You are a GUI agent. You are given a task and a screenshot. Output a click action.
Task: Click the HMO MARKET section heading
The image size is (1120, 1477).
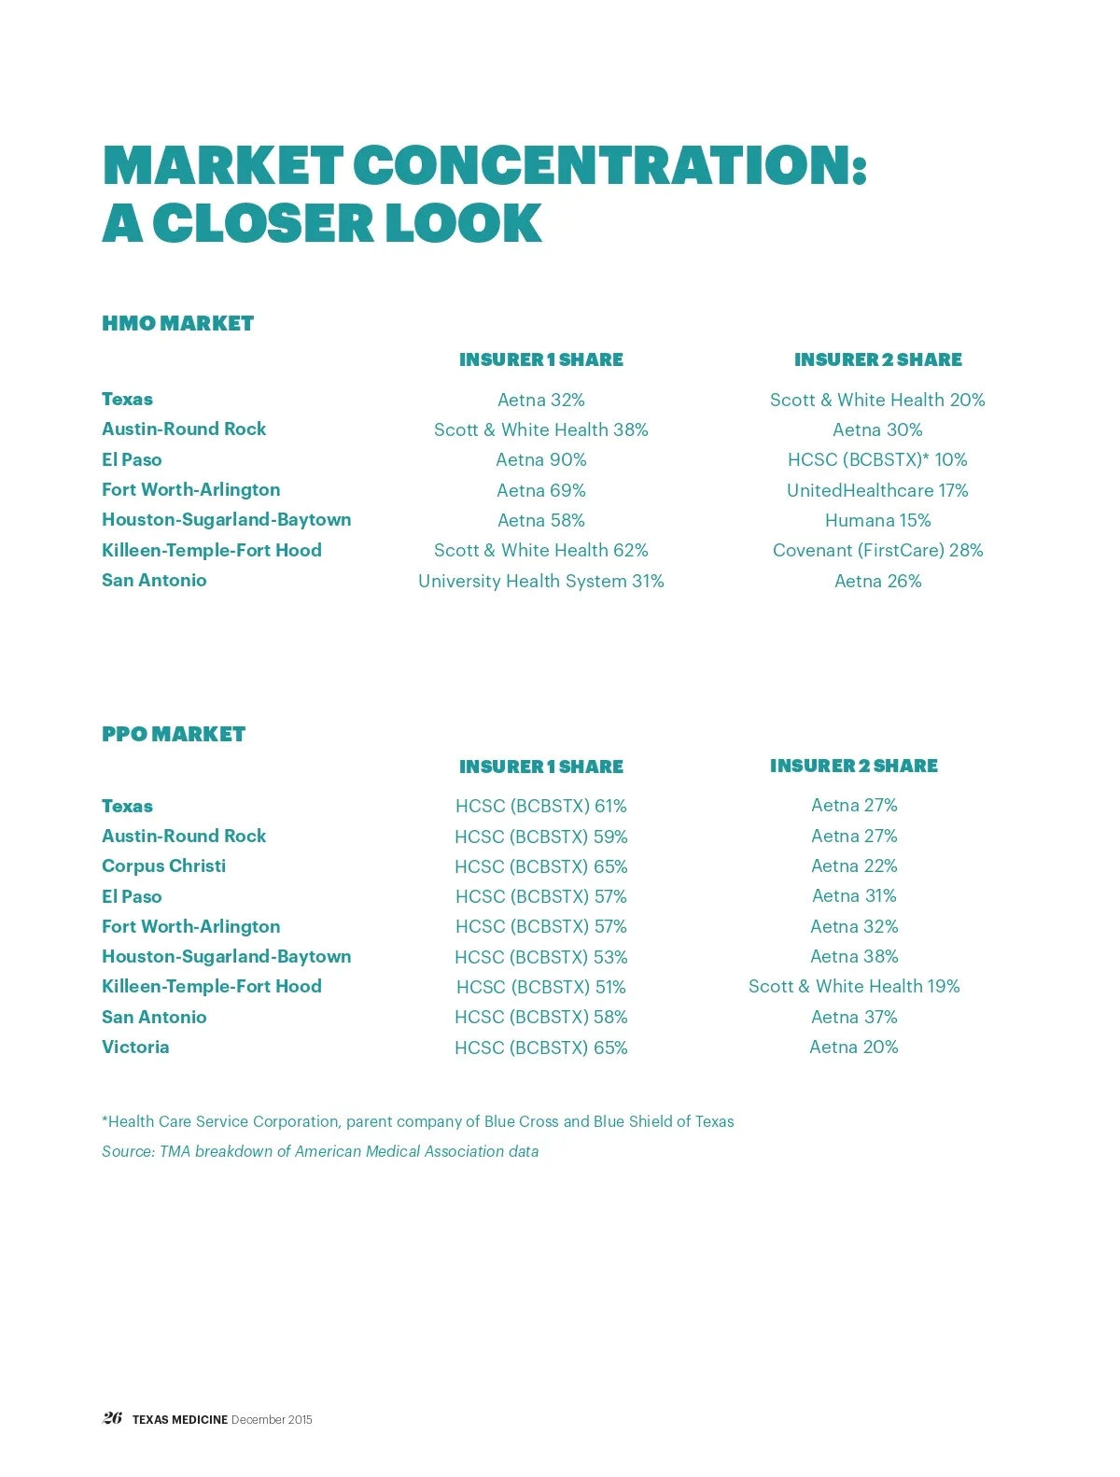click(x=177, y=323)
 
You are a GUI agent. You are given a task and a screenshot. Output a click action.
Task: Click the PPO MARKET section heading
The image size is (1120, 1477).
click(x=174, y=734)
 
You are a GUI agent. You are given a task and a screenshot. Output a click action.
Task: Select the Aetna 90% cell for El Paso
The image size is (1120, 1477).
click(x=541, y=459)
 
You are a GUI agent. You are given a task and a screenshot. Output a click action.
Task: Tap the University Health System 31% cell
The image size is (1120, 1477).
click(x=541, y=581)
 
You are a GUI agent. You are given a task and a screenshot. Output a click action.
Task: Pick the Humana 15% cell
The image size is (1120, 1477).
click(x=877, y=520)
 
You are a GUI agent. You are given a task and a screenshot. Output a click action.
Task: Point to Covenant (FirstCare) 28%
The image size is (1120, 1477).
click(x=877, y=550)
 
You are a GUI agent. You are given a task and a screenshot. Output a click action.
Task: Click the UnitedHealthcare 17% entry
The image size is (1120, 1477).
click(x=877, y=490)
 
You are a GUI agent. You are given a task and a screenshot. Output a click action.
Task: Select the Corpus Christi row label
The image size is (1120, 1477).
click(x=163, y=865)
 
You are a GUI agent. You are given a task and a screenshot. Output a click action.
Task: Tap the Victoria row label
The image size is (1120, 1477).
click(x=135, y=1047)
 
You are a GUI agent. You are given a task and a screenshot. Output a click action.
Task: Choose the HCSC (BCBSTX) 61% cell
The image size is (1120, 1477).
click(x=541, y=806)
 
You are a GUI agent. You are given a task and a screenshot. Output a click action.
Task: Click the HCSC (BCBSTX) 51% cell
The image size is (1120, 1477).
click(x=541, y=987)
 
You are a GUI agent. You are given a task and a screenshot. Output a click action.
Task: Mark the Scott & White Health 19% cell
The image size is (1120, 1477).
click(x=854, y=986)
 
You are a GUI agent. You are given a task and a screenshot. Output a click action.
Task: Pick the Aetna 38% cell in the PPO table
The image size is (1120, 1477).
click(x=854, y=956)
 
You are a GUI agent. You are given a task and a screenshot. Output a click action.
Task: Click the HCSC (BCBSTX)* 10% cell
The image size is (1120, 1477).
click(x=877, y=459)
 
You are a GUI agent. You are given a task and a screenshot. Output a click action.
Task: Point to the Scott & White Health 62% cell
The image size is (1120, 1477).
click(x=541, y=550)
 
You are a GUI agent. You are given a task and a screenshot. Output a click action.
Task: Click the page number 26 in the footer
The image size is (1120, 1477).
click(x=112, y=1418)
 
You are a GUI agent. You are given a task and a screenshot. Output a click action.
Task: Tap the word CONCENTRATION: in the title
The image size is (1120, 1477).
click(x=610, y=165)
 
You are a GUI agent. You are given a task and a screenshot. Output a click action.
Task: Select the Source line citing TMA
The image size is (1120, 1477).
click(x=320, y=1151)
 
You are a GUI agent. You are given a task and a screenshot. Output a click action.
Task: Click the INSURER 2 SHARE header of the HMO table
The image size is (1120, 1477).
click(x=877, y=359)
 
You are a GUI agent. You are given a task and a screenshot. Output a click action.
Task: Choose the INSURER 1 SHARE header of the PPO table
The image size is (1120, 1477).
click(x=541, y=767)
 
